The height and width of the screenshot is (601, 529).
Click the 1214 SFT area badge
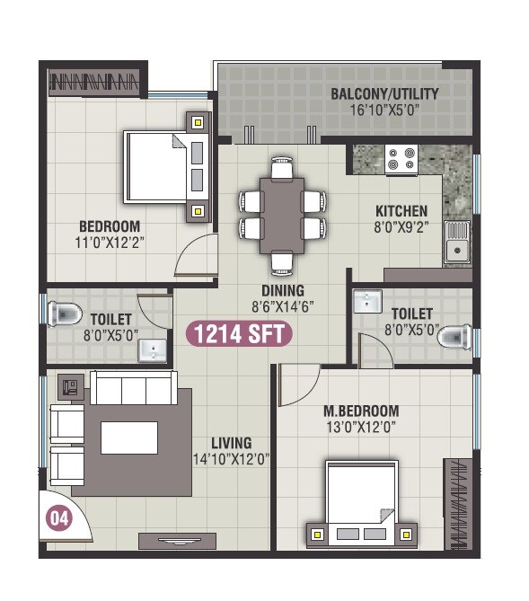coord(239,334)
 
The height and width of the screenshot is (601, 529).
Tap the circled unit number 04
coord(58,519)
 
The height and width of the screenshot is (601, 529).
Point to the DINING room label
coord(283,291)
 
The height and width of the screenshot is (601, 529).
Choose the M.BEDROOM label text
coord(359,411)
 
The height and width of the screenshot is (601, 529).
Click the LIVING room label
coord(231,443)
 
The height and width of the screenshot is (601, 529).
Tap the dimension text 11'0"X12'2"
coord(109,242)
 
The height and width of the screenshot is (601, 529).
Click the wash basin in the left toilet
coord(154,349)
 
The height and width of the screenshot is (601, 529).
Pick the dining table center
coord(281,216)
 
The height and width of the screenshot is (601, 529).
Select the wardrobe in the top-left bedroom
coord(96,83)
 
